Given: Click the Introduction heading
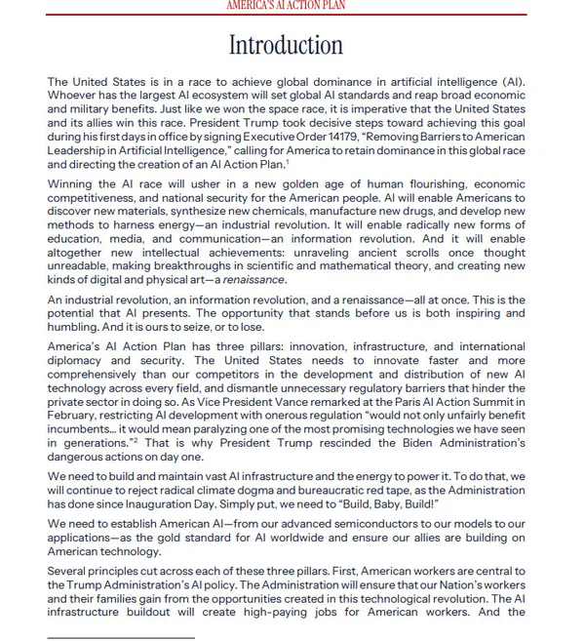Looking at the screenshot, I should [286, 46].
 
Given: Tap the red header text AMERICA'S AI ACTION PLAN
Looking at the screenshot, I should [286, 6].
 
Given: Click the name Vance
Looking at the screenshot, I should [292, 402].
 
